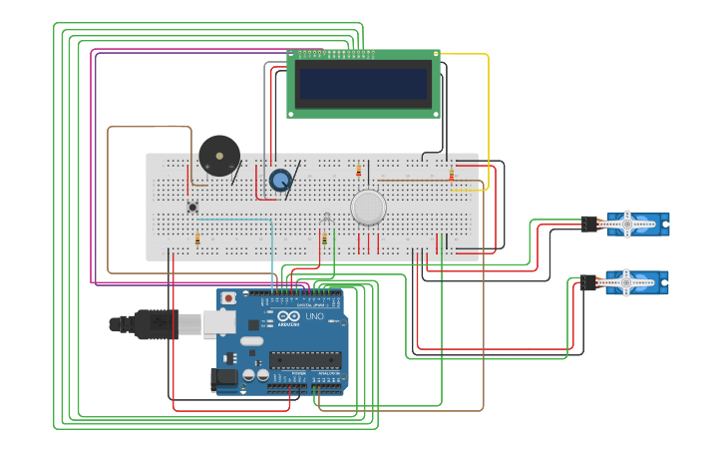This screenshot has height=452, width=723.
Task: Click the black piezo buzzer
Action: tap(219, 156)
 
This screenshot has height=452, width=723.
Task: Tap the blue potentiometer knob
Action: tap(281, 180)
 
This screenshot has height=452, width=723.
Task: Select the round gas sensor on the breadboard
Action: tap(368, 207)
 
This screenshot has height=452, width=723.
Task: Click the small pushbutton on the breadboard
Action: tap(192, 207)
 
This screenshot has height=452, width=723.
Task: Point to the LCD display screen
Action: tap(364, 84)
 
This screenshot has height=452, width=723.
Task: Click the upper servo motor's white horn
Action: tap(626, 225)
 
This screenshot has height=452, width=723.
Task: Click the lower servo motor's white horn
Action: tap(626, 283)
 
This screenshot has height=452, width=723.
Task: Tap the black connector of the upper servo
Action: tap(589, 225)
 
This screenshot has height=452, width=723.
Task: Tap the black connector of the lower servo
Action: tap(589, 283)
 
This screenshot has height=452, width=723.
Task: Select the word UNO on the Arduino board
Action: tap(313, 316)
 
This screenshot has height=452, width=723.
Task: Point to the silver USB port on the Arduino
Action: tap(219, 322)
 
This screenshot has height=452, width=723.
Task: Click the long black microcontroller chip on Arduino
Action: tap(304, 359)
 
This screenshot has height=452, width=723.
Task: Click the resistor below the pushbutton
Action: tap(197, 238)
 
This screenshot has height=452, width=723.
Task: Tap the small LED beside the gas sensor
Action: tap(326, 217)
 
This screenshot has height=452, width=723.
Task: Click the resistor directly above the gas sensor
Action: tap(359, 171)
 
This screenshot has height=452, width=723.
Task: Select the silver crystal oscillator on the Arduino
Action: tap(253, 342)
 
